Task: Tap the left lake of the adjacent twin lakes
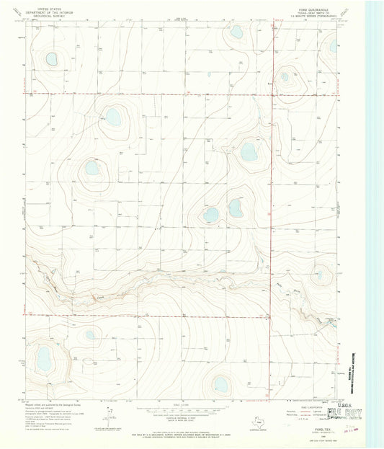(x=210, y=215)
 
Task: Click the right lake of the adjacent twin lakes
(x=235, y=208)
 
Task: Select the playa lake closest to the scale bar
(x=220, y=385)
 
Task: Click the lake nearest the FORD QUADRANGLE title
(x=333, y=46)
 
